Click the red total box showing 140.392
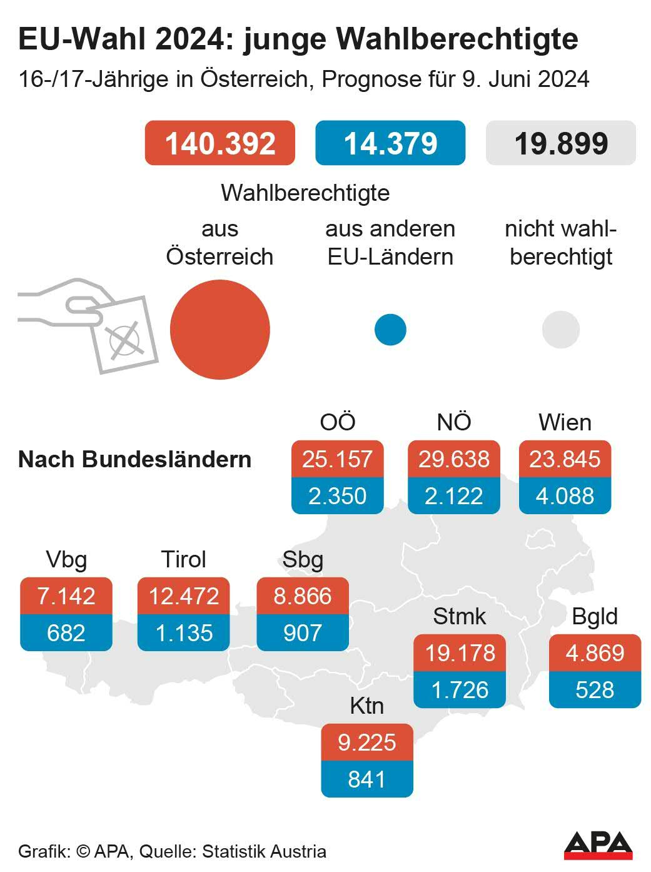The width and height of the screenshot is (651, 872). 220,143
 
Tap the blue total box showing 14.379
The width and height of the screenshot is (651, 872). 390,143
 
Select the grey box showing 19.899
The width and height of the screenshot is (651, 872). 560,143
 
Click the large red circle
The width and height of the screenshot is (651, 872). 220,330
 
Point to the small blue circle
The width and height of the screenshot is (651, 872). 390,330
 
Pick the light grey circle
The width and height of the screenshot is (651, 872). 560,330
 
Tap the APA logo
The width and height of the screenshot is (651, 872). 598,846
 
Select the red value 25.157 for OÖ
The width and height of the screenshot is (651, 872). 337,459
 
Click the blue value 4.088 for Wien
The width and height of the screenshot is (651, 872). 565,496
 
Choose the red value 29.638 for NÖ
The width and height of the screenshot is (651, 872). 454,459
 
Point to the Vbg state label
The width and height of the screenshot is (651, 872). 66,559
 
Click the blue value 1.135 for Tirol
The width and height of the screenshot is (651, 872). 184,633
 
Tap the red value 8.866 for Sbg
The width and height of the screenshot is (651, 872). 303,596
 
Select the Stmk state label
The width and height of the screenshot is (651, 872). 460,616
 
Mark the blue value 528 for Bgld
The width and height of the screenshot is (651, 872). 595,690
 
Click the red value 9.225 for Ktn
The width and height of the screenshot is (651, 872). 367,743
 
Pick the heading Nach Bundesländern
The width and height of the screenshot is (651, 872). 135,459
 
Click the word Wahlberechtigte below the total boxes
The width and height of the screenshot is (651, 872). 305,193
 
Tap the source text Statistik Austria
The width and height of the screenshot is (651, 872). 264,851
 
